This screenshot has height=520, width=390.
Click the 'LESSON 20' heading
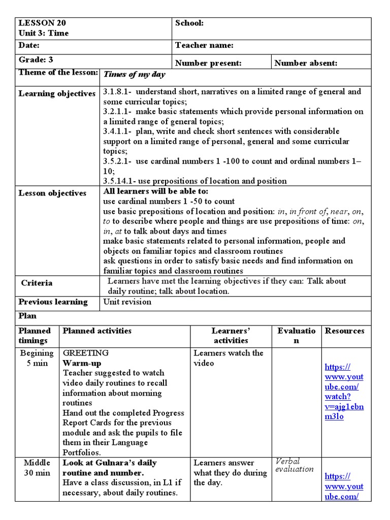42,23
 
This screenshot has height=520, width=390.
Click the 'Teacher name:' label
204,46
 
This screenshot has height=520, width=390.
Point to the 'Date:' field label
29,46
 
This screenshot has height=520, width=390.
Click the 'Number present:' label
208,63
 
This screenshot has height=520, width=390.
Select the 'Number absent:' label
306,63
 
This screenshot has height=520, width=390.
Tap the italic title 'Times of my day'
134,75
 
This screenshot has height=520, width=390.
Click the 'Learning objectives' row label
57,94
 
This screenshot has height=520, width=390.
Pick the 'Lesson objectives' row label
52,193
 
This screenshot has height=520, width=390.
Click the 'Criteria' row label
37,283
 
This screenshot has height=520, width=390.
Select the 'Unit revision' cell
127,302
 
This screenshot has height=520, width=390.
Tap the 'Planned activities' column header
96,331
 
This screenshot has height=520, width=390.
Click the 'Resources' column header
344,331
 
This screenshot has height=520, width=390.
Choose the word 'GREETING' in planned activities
85,353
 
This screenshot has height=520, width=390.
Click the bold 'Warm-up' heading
82,364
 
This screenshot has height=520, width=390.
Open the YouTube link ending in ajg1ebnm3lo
344,392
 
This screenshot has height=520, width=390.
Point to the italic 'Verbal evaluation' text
295,465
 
